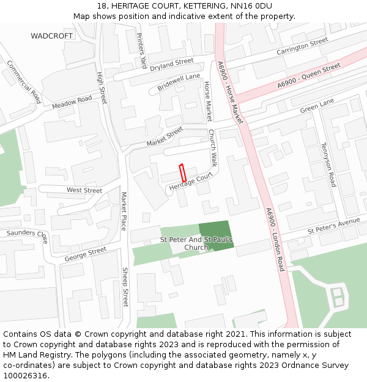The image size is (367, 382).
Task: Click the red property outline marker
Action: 182,173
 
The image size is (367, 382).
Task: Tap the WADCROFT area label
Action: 52,36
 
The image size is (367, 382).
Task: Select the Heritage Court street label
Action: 191,182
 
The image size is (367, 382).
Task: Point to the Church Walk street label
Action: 213,149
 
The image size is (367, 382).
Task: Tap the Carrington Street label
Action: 302,47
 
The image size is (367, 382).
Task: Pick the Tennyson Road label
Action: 328,164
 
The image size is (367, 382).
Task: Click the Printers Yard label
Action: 141,50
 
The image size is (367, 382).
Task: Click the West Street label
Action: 84,191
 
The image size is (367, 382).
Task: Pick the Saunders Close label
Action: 27,235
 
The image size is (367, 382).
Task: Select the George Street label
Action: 86,254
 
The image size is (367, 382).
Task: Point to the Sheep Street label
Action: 125,287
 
